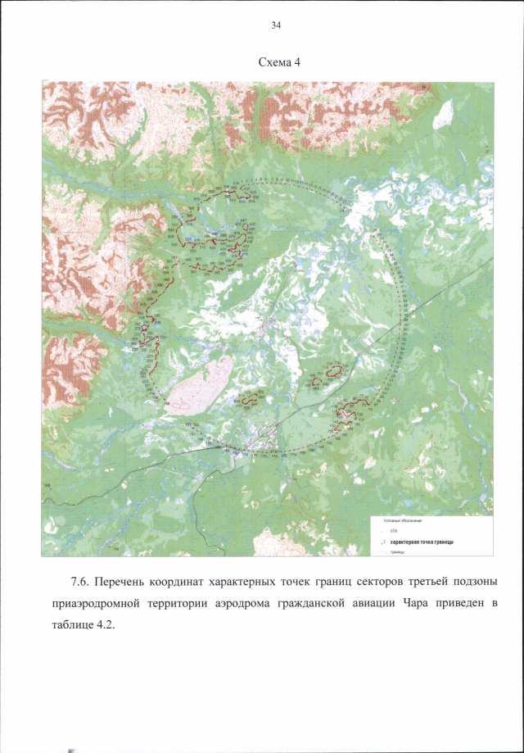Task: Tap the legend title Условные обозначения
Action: click(403, 521)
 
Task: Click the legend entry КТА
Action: click(395, 532)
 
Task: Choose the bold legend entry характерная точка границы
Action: click(421, 542)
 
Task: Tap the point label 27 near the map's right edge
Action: click(488, 152)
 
